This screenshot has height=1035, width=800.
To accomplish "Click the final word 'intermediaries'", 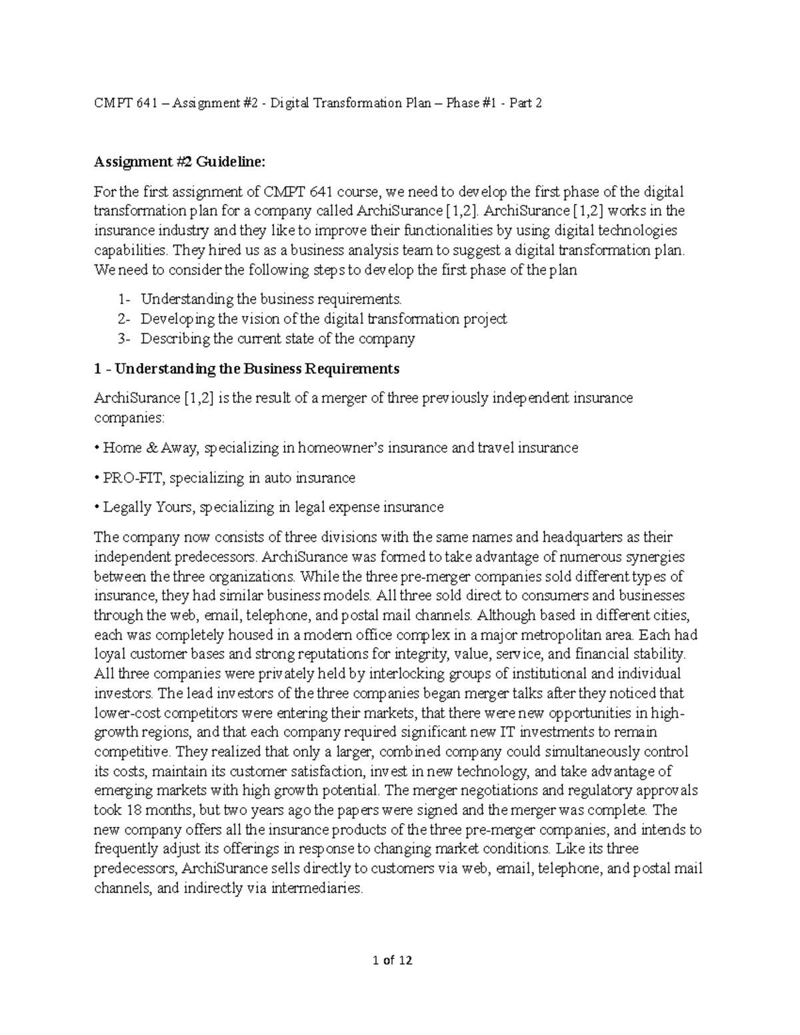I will pyautogui.click(x=317, y=888).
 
